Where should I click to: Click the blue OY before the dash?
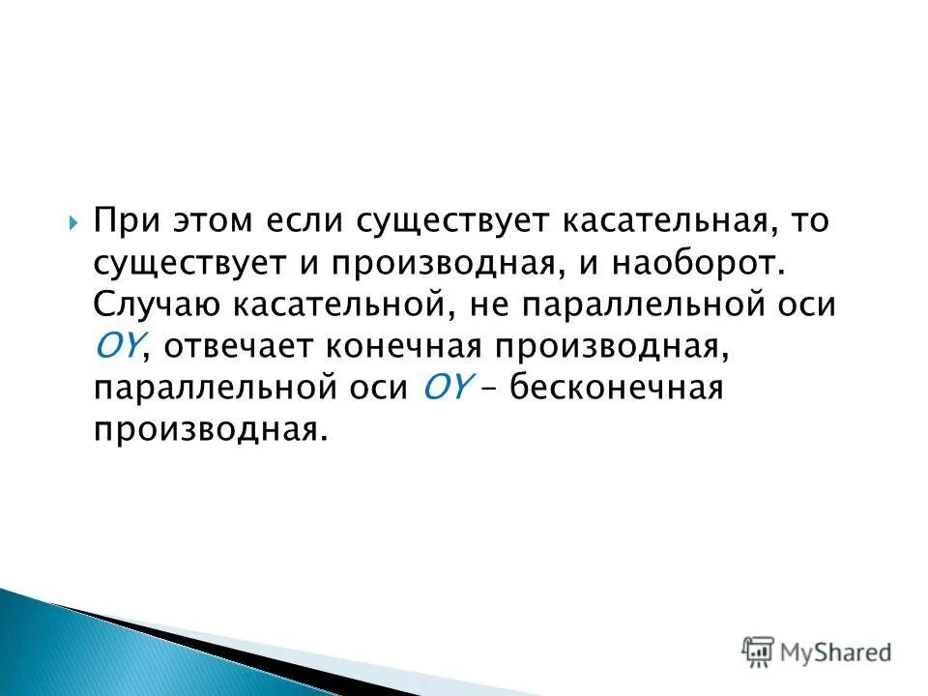(x=448, y=387)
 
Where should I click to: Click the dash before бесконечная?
(x=491, y=387)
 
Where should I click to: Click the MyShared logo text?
(x=836, y=652)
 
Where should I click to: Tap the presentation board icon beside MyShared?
(x=758, y=651)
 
